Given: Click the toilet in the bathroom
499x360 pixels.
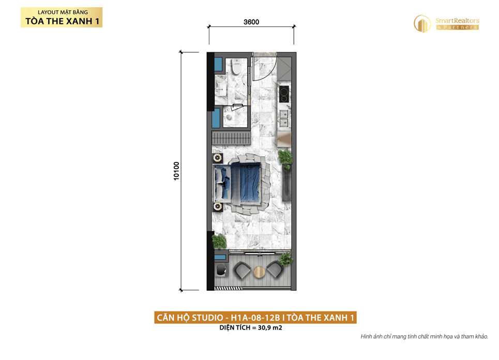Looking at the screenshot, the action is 236,67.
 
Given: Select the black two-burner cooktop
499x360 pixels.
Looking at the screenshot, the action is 284,94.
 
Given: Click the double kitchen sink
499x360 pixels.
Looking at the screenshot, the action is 283,118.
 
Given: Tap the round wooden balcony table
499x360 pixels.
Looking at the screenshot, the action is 260,272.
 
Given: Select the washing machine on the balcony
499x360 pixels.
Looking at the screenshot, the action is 221,269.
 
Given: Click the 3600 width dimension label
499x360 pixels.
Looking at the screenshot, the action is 251,22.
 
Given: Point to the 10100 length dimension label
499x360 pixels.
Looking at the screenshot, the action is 176,171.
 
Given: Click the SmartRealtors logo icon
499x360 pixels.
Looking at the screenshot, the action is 422,24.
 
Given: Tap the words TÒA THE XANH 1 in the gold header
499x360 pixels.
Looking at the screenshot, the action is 63,21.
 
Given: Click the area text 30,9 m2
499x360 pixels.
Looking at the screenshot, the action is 270,327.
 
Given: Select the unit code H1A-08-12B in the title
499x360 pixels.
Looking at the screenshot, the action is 255,318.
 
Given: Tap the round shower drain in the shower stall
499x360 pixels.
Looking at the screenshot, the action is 229,116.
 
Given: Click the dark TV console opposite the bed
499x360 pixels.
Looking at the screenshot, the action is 286,185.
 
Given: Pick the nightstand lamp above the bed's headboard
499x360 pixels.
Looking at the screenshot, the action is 218,157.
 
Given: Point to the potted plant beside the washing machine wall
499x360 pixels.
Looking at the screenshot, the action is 219,241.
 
